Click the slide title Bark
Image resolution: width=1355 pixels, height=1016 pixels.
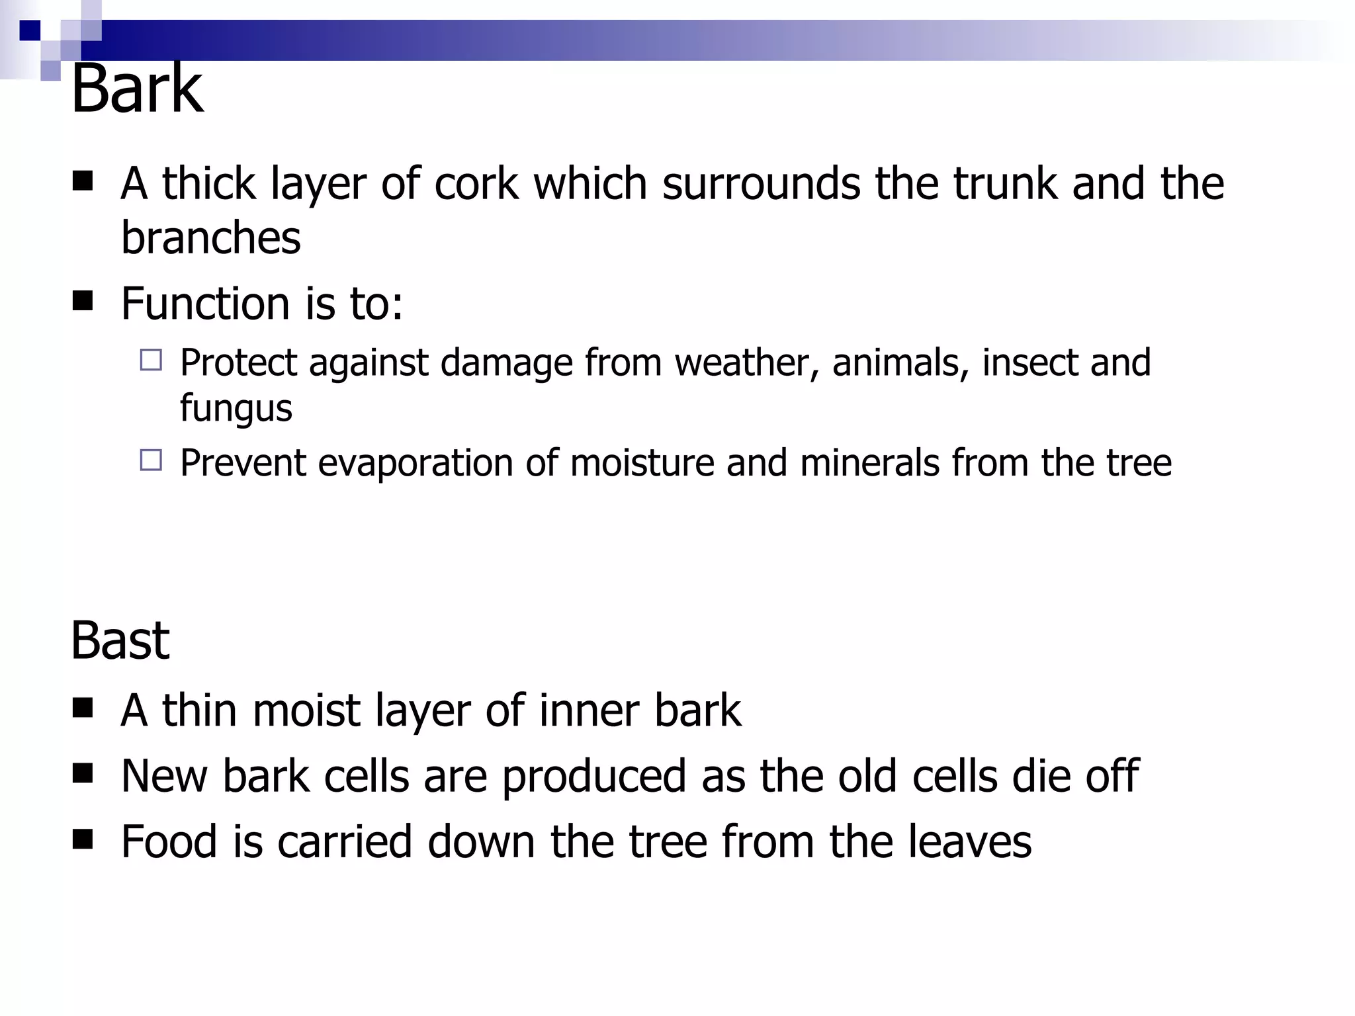(136, 89)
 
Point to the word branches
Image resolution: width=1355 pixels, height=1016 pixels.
(210, 237)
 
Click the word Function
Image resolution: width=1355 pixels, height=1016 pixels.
(205, 304)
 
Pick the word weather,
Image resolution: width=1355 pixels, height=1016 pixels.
(747, 362)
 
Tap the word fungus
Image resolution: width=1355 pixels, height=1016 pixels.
(236, 409)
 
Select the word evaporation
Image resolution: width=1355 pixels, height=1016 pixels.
(415, 462)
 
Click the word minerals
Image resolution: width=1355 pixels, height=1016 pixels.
(869, 462)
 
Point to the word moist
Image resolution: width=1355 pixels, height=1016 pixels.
(306, 710)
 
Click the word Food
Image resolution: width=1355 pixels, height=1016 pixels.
(169, 841)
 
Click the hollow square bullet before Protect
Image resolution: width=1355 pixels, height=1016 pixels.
(151, 360)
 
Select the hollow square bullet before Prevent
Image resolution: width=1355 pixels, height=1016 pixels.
(151, 460)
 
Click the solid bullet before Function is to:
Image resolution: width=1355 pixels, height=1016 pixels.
(83, 302)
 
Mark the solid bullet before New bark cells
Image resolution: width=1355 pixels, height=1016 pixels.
(83, 773)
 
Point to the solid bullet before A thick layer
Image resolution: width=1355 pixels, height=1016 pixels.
(83, 181)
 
